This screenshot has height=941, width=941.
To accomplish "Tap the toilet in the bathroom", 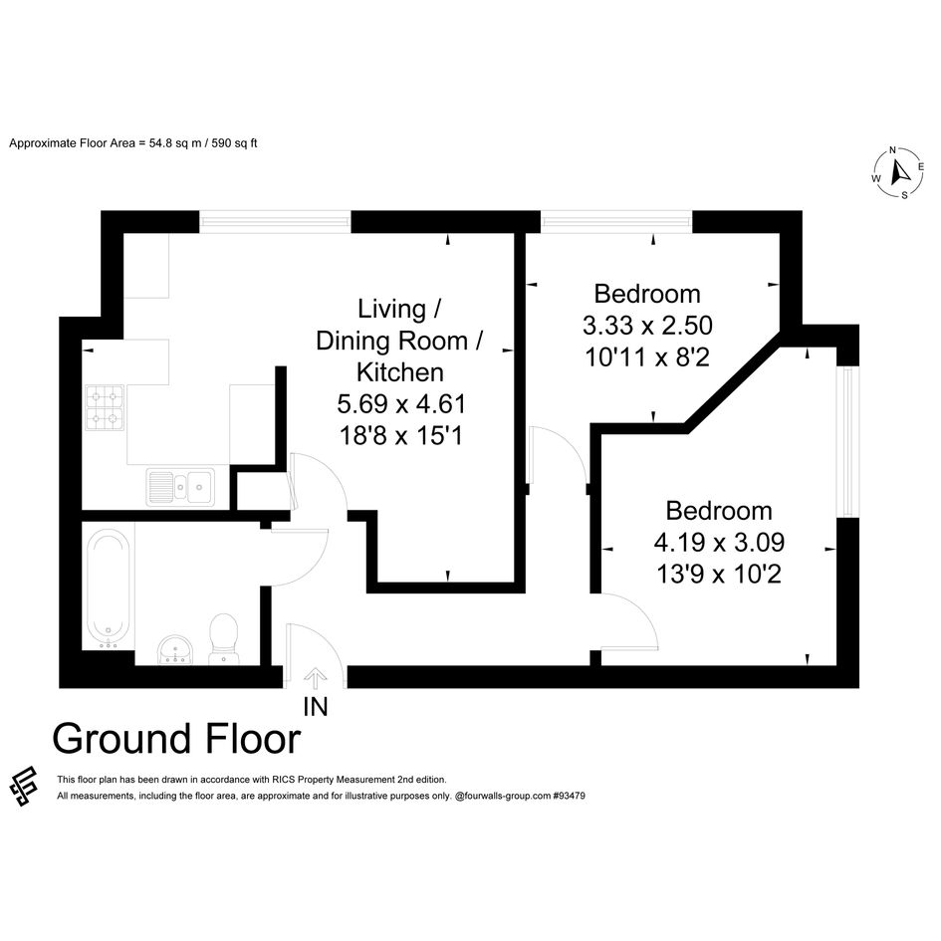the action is [x=223, y=638].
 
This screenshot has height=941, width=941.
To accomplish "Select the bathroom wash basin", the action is [x=175, y=649].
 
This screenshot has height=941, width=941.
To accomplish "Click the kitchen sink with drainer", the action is [x=179, y=487].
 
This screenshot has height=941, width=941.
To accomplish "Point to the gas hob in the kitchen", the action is [x=105, y=407].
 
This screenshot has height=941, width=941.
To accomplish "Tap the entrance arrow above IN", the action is [x=315, y=680].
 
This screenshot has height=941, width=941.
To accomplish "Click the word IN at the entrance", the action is [x=316, y=707].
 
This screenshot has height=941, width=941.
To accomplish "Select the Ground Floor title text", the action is [x=176, y=739].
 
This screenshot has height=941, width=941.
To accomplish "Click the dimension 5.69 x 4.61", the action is [x=401, y=404].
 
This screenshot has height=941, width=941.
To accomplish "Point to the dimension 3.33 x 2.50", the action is [x=647, y=326].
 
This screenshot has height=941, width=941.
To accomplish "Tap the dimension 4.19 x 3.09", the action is [x=719, y=543].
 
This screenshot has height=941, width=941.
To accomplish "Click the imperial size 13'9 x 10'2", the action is [x=719, y=575].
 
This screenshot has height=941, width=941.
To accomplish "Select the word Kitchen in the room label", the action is [x=400, y=372].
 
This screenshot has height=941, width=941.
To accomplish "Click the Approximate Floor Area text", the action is [x=133, y=143].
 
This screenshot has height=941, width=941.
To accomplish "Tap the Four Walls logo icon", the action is [x=24, y=786].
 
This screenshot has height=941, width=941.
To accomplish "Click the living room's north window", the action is [x=275, y=221].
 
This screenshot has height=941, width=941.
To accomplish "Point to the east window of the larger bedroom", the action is [x=847, y=442].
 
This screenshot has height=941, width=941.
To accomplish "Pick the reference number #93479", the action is [x=569, y=796].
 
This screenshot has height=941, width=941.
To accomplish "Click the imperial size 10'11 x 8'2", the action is [x=647, y=357].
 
